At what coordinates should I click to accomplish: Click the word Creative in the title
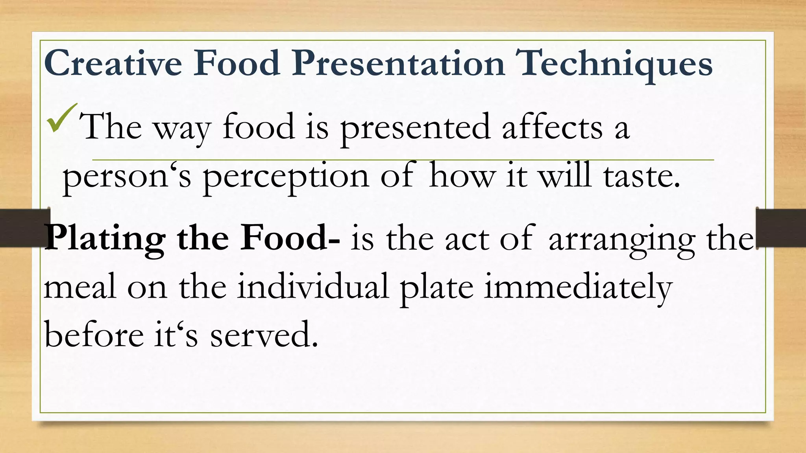pyautogui.click(x=113, y=64)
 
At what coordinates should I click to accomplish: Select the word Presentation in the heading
pyautogui.click(x=398, y=64)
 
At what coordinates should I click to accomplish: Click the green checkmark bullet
pyautogui.click(x=61, y=118)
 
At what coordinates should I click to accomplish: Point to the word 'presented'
pyautogui.click(x=415, y=128)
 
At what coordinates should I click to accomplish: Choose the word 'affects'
pyautogui.click(x=552, y=127)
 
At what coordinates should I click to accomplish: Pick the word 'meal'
pyautogui.click(x=80, y=287)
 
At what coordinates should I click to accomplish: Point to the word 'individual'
pyautogui.click(x=313, y=287)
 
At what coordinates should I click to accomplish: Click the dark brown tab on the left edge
pyautogui.click(x=24, y=228)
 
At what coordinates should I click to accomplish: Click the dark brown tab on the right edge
pyautogui.click(x=782, y=228)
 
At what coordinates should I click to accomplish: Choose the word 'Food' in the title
pyautogui.click(x=236, y=64)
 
